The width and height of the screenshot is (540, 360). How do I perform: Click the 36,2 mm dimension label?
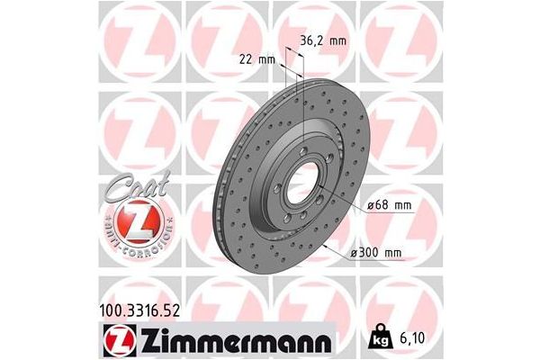(x=321, y=40)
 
